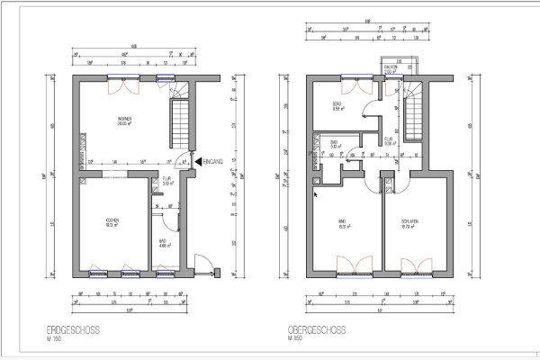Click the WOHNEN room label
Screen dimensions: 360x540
click(122, 121)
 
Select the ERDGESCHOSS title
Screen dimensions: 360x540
click(72, 330)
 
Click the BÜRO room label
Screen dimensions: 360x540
click(337, 105)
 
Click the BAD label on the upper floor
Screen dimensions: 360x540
click(333, 143)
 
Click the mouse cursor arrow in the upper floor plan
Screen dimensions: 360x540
click(315, 192)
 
